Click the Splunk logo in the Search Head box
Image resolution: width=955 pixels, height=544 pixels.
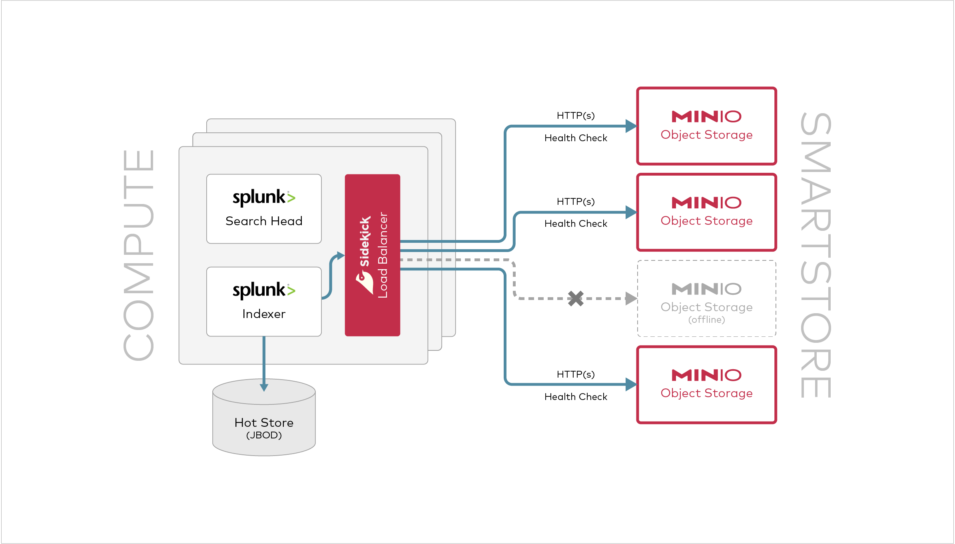[264, 197]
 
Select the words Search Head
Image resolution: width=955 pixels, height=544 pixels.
[264, 221]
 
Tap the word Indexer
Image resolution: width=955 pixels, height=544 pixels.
[264, 314]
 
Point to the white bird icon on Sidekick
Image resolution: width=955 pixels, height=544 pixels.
[364, 282]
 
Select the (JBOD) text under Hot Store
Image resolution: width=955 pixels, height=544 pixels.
[264, 435]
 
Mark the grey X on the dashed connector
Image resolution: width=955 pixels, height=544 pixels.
[576, 298]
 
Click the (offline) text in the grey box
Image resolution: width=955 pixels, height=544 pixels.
[706, 320]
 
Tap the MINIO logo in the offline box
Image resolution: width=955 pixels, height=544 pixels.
[706, 289]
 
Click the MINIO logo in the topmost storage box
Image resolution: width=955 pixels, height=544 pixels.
[706, 116]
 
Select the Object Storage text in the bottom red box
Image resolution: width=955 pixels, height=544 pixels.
[706, 393]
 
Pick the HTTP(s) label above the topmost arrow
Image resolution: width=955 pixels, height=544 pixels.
[576, 116]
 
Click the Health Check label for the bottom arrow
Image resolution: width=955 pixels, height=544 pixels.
[576, 397]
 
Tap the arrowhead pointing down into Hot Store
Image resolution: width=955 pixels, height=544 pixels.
[264, 387]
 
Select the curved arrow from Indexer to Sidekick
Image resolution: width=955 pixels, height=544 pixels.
[331, 276]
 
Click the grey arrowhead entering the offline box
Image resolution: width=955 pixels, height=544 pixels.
[631, 298]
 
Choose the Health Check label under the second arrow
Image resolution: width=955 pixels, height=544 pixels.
[576, 224]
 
